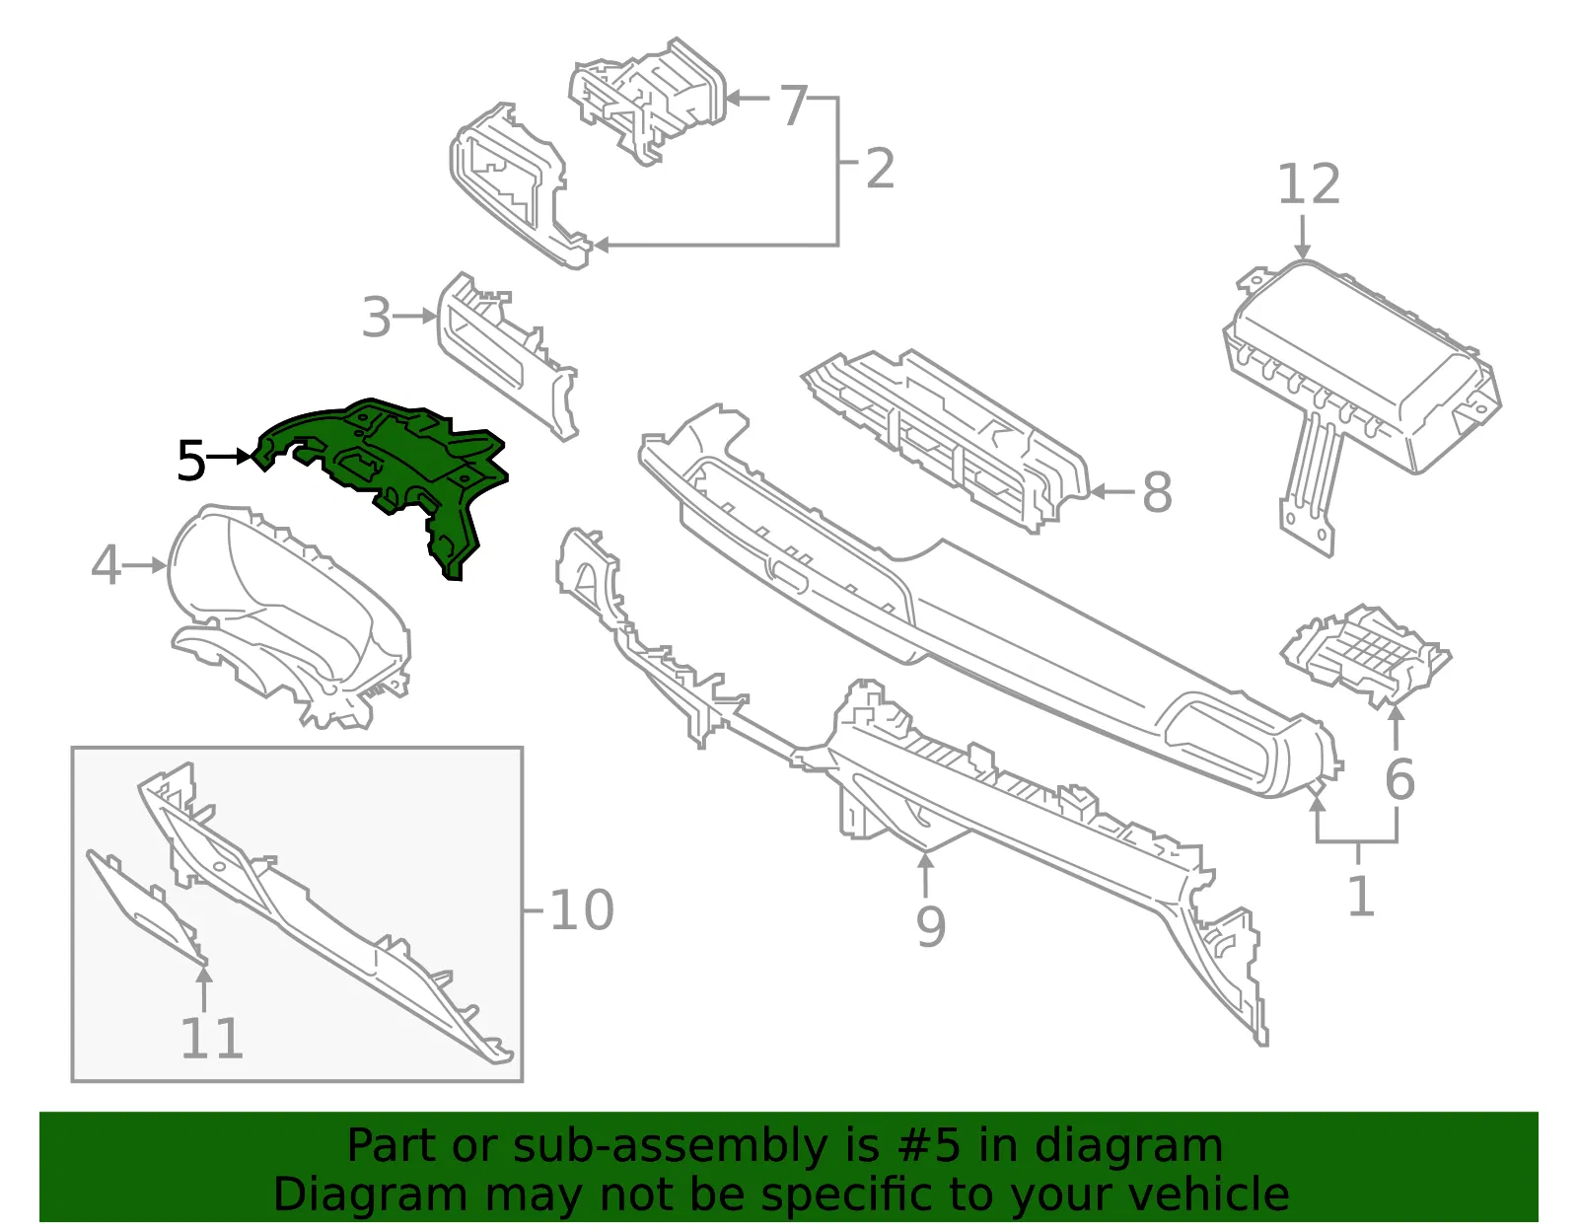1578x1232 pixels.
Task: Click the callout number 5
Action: click(191, 461)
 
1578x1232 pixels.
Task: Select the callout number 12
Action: click(1309, 184)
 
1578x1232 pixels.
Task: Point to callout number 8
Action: click(1157, 492)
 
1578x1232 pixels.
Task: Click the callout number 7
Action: click(794, 106)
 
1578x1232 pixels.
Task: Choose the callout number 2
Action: click(880, 169)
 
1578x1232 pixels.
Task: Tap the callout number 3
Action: click(377, 318)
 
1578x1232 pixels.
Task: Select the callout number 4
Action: click(107, 565)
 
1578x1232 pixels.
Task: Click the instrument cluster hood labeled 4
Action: click(291, 617)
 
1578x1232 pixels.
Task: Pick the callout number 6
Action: click(1399, 779)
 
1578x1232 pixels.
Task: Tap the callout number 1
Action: click(1361, 896)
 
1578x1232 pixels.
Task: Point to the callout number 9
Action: click(930, 926)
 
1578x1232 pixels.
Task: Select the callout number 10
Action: click(582, 910)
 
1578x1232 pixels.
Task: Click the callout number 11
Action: click(211, 1038)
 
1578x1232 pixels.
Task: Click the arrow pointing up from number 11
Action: click(205, 988)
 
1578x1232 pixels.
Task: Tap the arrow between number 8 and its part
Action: click(1112, 492)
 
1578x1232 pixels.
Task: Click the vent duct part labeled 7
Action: click(648, 101)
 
